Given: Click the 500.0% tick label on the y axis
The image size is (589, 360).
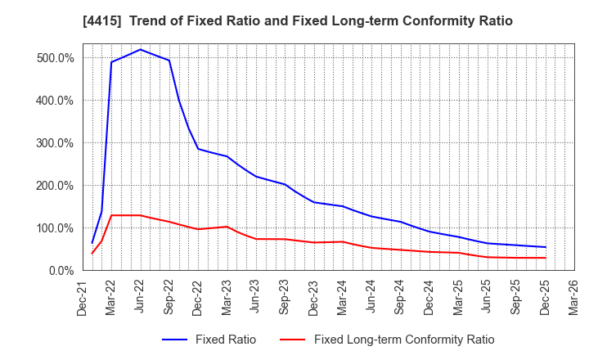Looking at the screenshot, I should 55,58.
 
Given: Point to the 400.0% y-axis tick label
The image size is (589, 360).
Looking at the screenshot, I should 55,101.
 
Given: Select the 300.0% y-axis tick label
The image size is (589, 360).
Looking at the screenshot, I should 55,143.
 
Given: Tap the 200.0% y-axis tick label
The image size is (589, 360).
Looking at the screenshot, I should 55,186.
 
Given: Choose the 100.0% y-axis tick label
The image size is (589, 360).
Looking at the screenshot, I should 55,228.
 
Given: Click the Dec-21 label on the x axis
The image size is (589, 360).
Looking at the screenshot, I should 83,297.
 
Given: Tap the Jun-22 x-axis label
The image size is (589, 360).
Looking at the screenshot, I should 140,297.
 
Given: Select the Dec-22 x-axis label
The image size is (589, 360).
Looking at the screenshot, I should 198,297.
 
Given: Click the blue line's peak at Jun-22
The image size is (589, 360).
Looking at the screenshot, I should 140,49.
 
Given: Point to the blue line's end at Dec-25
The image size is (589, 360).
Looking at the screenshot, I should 546,247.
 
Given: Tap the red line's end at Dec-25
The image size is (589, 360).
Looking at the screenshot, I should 546,258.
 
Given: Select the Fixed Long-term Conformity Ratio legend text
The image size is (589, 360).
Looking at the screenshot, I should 404,340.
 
